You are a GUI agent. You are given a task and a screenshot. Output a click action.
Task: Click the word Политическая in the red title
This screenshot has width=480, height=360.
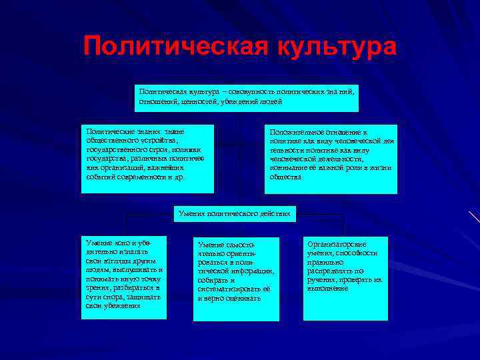[x=167, y=47]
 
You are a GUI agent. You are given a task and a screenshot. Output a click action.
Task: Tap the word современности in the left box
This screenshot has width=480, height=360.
[x=143, y=177]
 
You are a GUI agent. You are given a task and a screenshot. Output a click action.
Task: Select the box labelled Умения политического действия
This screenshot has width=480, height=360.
[x=234, y=214]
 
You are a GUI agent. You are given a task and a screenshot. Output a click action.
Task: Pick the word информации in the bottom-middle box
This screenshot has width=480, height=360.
[x=249, y=271]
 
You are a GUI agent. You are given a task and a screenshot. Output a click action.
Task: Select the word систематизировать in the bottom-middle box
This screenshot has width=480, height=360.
[x=229, y=289]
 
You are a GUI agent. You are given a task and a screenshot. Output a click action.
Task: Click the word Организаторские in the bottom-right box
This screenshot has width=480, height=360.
[x=337, y=245]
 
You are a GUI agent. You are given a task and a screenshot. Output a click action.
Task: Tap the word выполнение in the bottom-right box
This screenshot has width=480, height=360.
[x=328, y=289]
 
